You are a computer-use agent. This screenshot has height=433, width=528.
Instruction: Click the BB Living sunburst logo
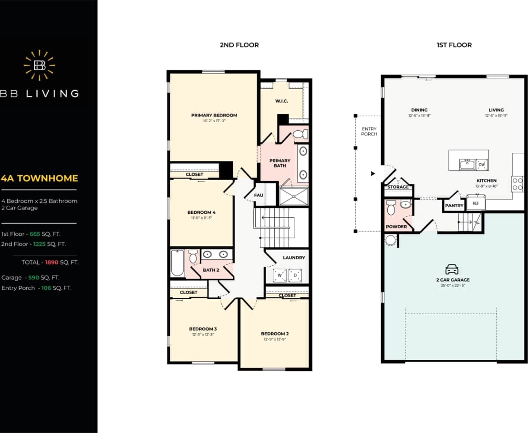tap(39, 65)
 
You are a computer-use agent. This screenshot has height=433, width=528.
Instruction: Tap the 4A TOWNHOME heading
tap(40, 179)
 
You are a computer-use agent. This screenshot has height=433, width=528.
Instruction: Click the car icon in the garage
tap(451, 270)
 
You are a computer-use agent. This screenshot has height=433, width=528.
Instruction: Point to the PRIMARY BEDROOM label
tap(214, 115)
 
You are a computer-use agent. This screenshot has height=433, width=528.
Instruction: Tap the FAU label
tap(259, 195)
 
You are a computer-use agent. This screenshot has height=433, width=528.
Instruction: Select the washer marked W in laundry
tap(280, 275)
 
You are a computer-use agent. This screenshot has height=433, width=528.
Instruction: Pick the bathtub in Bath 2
tap(177, 264)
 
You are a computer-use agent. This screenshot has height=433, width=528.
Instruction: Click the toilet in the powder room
tap(391, 208)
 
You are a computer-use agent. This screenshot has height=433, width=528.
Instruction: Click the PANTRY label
tap(454, 206)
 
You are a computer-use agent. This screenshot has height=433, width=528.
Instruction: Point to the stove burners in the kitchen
tap(517, 184)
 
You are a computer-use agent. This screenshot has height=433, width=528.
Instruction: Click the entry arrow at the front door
tap(373, 174)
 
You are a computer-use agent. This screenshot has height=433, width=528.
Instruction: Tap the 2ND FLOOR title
tap(239, 45)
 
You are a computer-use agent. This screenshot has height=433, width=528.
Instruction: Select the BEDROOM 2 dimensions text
tap(274, 339)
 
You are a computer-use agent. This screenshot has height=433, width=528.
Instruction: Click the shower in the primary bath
tap(293, 197)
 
